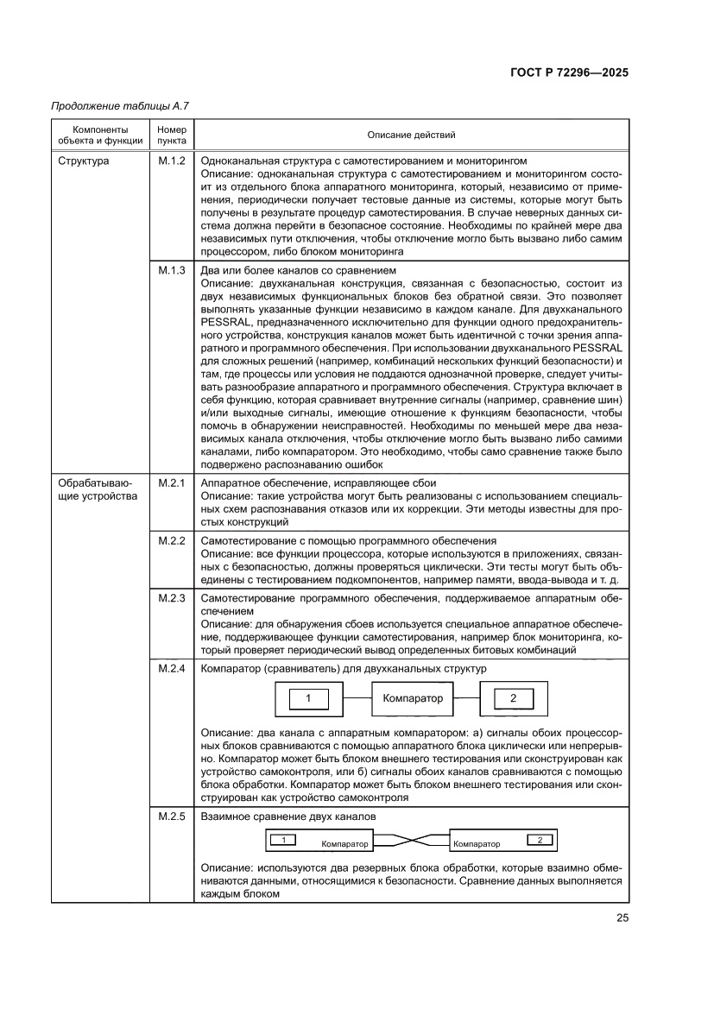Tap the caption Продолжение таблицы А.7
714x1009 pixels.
(x=120, y=106)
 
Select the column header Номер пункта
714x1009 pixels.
(x=172, y=135)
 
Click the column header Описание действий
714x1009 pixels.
(x=411, y=135)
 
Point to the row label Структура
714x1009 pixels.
(x=83, y=161)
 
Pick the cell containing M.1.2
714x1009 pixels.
(x=172, y=161)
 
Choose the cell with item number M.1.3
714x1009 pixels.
(x=172, y=270)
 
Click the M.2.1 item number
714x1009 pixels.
(x=172, y=482)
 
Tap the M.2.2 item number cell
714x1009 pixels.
(x=172, y=541)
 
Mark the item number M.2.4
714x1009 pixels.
(x=172, y=669)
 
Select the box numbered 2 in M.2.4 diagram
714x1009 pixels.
(x=513, y=698)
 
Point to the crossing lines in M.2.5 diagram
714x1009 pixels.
(x=409, y=840)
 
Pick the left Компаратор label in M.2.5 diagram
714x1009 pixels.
(x=344, y=844)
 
